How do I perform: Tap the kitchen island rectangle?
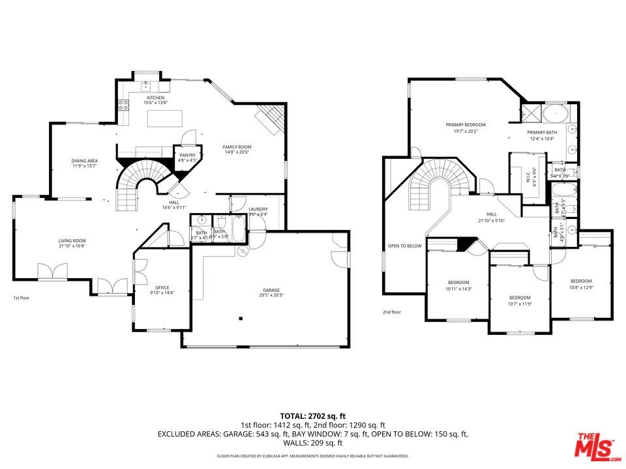point(166,118)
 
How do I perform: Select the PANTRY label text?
point(187,155)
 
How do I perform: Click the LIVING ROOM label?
point(72,241)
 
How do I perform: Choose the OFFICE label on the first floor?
point(162,287)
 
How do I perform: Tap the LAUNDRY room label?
point(258,209)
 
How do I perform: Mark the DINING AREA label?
point(85,160)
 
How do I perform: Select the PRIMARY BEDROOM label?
point(466,124)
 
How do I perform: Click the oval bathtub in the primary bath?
point(556,113)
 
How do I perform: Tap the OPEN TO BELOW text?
point(405,246)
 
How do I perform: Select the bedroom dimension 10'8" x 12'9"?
point(580,287)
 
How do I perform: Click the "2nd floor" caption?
point(392,312)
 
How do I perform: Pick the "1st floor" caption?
point(22,298)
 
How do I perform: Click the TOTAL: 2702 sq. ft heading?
point(312,415)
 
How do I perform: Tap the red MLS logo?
point(595,445)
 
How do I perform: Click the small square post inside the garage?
point(241,319)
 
